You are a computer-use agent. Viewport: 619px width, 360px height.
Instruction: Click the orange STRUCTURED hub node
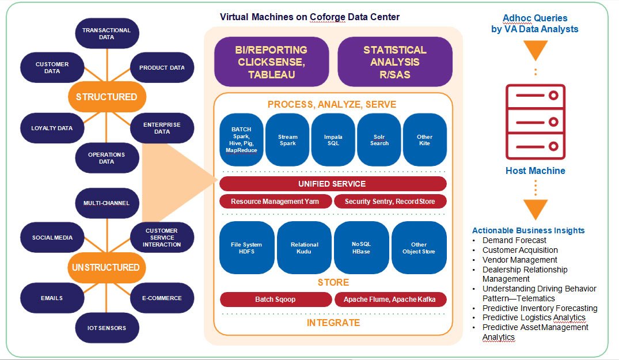(x=107, y=97)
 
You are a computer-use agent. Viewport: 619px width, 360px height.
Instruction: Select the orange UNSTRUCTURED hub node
(x=106, y=267)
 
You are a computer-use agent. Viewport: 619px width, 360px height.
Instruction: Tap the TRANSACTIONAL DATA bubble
(x=107, y=33)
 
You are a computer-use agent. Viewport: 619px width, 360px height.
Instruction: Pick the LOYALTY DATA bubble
(x=52, y=128)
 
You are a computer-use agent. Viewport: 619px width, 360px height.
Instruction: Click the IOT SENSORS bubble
(x=107, y=328)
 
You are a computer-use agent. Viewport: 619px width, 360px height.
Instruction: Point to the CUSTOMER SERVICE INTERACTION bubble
(x=162, y=237)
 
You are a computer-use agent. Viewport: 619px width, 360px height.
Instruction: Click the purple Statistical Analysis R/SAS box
(x=394, y=62)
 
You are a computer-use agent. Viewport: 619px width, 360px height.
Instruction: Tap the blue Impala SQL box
(x=333, y=140)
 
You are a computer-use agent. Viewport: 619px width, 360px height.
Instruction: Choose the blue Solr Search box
(x=379, y=140)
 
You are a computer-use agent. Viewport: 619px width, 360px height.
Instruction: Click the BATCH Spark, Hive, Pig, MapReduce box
(x=241, y=140)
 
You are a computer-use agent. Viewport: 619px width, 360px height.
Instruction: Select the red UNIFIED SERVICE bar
(x=333, y=184)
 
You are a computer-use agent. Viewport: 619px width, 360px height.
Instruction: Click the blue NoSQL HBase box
(x=362, y=248)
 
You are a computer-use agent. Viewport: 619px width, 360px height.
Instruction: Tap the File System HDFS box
(x=246, y=248)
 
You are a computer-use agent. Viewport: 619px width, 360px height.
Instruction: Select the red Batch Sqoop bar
(x=275, y=300)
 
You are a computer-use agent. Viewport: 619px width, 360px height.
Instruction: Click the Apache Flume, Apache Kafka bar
(x=390, y=300)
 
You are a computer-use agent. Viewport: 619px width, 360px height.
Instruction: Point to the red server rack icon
(x=535, y=122)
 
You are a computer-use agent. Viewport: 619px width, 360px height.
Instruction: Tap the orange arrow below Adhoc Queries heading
(x=535, y=50)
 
